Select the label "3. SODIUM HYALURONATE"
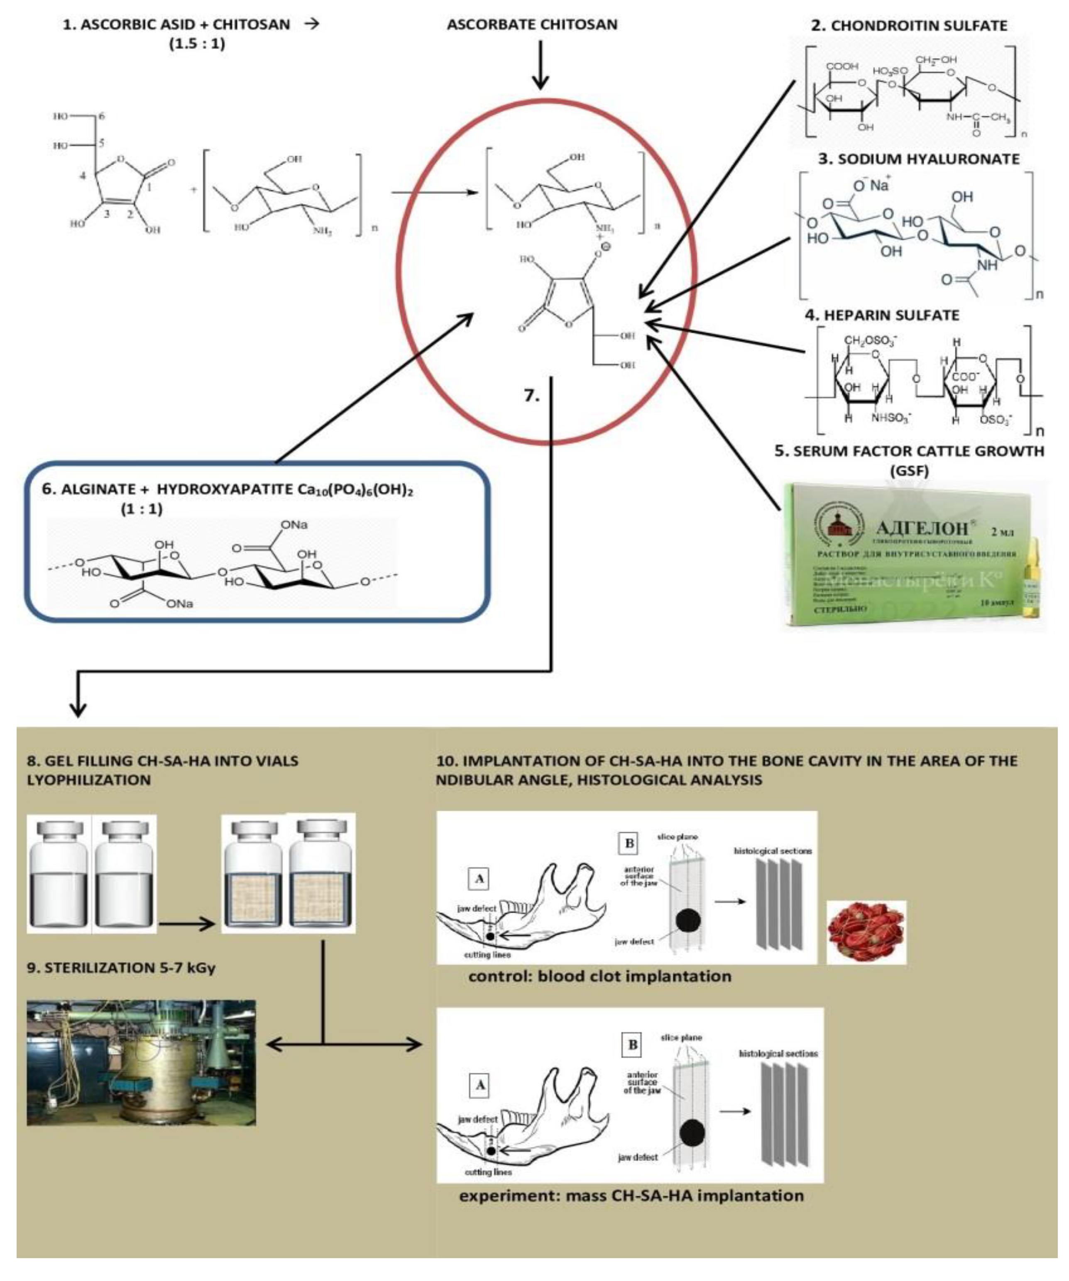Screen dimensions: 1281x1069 [919, 159]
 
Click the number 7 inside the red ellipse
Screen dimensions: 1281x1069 [531, 395]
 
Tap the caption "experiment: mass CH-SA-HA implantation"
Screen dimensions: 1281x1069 [631, 1195]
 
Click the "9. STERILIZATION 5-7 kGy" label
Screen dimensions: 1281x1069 [121, 968]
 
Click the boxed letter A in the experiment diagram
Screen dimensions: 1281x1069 [480, 1085]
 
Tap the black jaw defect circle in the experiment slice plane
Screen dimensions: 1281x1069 [692, 1132]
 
